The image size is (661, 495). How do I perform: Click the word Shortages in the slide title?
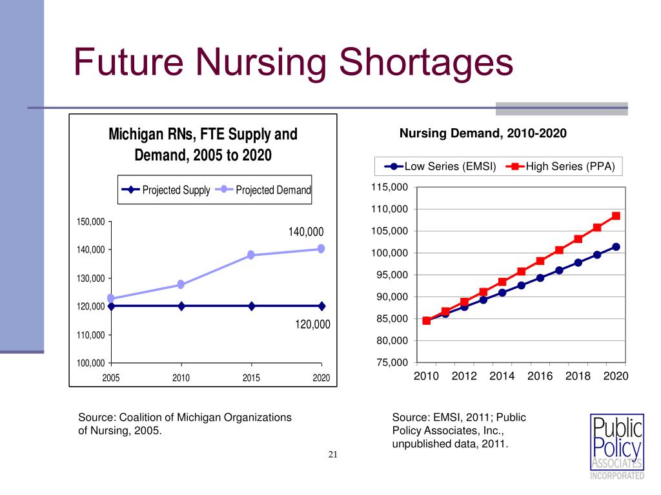coord(426,63)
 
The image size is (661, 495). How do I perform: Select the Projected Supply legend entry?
coord(166,190)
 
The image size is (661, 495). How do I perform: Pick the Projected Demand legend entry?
coord(263,190)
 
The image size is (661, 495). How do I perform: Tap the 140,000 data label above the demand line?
coord(306,231)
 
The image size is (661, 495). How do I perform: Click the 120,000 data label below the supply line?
coord(312,324)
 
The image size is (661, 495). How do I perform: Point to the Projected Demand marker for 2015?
coord(251,255)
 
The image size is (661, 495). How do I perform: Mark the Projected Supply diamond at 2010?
coord(181,306)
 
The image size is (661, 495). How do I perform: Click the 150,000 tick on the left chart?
coord(90,222)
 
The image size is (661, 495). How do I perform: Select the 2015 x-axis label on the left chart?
coord(251,378)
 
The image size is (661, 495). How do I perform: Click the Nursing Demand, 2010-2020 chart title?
coord(483,133)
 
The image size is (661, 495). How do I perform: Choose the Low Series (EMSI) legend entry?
coord(440,166)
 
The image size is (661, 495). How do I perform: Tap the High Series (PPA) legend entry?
coord(561,166)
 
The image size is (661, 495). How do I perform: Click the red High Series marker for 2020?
coord(616,216)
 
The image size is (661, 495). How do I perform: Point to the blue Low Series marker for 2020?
coord(616,247)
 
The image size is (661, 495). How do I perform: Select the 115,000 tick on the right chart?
coord(389,187)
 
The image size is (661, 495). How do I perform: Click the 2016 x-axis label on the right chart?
coord(540,376)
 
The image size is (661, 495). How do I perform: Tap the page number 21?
coord(333,454)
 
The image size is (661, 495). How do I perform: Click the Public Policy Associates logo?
coord(617,447)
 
